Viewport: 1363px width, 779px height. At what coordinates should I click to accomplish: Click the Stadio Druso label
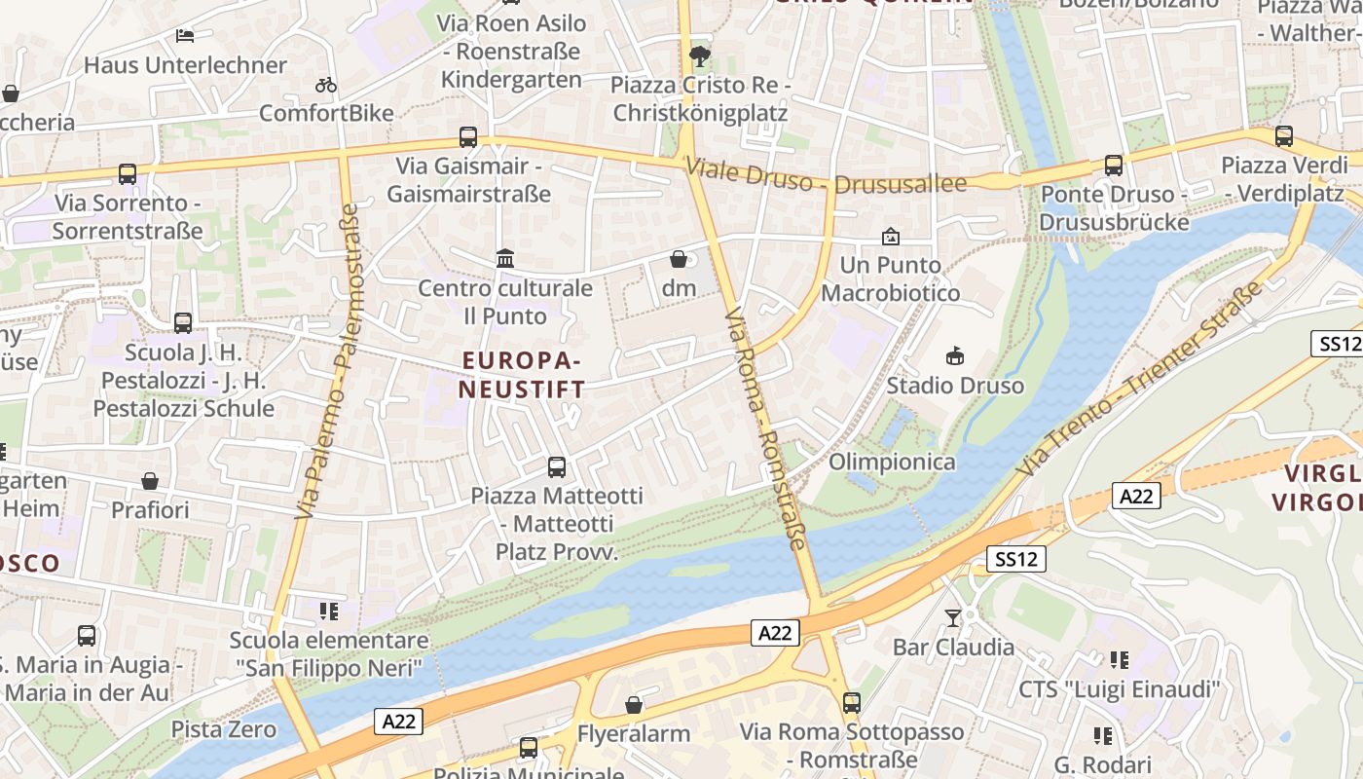pyautogui.click(x=955, y=386)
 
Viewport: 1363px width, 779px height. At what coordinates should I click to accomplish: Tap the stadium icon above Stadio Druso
pyautogui.click(x=955, y=356)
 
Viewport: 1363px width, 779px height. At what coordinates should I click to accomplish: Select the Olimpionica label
pyautogui.click(x=892, y=462)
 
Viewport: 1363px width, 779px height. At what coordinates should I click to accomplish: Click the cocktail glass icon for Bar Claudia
pyautogui.click(x=953, y=617)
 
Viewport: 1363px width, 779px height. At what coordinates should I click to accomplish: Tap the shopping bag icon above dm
pyautogui.click(x=679, y=259)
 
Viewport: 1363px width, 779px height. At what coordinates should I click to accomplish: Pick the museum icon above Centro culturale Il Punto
pyautogui.click(x=505, y=259)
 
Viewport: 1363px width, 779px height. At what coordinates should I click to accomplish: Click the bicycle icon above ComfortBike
pyautogui.click(x=326, y=85)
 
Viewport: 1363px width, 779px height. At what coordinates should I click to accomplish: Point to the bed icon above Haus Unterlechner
pyautogui.click(x=185, y=36)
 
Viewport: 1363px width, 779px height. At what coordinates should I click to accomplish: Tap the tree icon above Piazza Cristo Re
pyautogui.click(x=699, y=56)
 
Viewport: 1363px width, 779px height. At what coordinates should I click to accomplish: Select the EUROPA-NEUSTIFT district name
pyautogui.click(x=522, y=375)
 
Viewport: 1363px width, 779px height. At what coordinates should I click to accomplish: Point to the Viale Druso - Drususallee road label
pyautogui.click(x=826, y=176)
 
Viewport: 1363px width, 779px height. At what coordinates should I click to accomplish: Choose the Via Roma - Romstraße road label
pyautogui.click(x=766, y=429)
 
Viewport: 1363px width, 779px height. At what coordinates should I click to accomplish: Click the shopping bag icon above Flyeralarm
pyautogui.click(x=634, y=704)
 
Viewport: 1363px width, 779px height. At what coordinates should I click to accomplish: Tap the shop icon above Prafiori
pyautogui.click(x=150, y=481)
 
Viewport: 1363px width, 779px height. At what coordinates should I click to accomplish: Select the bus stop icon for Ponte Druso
pyautogui.click(x=1114, y=166)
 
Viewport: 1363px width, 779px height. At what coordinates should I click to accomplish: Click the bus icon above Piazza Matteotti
pyautogui.click(x=557, y=466)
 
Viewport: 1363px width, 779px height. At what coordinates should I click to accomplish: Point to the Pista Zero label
pyautogui.click(x=224, y=729)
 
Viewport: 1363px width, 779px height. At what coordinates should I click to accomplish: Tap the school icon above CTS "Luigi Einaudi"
pyautogui.click(x=1120, y=660)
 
